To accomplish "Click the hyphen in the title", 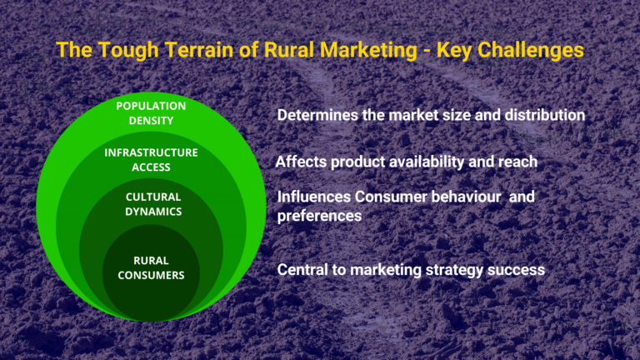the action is click(x=427, y=52).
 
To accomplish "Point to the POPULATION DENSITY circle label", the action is click(x=151, y=113).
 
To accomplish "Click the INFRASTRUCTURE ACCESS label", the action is click(x=151, y=160).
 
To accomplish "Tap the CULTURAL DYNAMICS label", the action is click(x=153, y=204).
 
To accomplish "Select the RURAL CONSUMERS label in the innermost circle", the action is click(x=151, y=267).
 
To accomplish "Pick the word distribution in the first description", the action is click(x=545, y=115).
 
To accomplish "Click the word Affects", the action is click(x=301, y=162).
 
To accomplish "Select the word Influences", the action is click(x=314, y=197).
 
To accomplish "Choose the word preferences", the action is click(x=319, y=216).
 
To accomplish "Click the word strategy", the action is click(x=454, y=271).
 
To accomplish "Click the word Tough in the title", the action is click(x=128, y=51).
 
